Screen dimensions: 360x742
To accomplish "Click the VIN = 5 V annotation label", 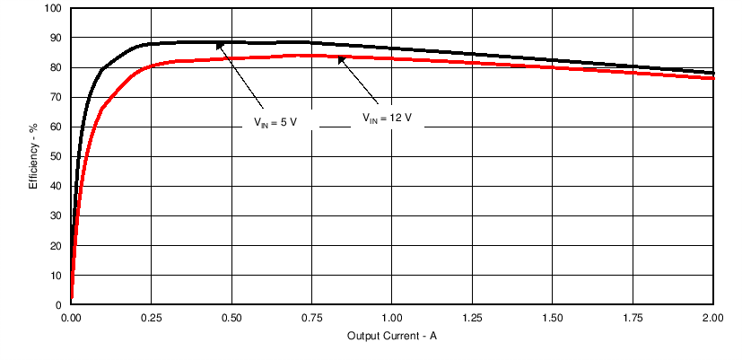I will (x=281, y=123).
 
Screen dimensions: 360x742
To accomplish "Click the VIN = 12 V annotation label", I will (x=387, y=117).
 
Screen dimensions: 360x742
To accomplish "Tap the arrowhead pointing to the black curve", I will (x=220, y=45).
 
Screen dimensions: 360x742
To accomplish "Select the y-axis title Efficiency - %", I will (x=33, y=155).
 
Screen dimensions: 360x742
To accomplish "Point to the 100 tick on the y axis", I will (x=54, y=9).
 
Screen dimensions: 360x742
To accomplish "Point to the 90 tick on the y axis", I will (x=57, y=39).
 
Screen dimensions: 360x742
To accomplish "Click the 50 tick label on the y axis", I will (x=57, y=157).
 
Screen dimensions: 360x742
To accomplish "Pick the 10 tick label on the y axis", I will (x=57, y=276).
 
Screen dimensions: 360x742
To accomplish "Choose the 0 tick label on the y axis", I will (x=59, y=305).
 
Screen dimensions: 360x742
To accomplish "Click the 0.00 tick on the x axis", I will (x=72, y=318).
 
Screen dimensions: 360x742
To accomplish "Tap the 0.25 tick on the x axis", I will (x=152, y=318).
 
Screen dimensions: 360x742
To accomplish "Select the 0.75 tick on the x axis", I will (x=312, y=318).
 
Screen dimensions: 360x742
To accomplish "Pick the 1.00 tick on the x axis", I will (x=392, y=318).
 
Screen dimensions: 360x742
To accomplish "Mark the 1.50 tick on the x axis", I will (x=553, y=318).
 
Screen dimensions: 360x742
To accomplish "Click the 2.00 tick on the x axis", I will (x=712, y=318).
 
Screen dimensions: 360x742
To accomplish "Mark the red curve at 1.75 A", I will (x=633, y=72).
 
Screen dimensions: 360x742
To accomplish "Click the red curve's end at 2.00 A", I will (x=712, y=78).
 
